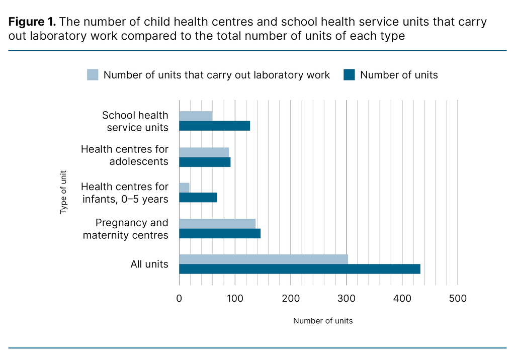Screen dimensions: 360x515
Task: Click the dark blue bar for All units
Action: pyautogui.click(x=299, y=269)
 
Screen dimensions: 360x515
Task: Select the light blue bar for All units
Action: pyautogui.click(x=263, y=259)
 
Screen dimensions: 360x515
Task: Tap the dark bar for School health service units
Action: pyautogui.click(x=214, y=126)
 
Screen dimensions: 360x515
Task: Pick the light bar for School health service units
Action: pyautogui.click(x=196, y=116)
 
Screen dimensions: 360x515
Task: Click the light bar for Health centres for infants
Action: pyautogui.click(x=184, y=188)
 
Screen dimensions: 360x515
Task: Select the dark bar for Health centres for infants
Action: pyautogui.click(x=198, y=198)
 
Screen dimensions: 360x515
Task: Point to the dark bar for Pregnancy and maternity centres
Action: pyautogui.click(x=220, y=233)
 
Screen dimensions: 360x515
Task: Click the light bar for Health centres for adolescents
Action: pyautogui.click(x=204, y=152)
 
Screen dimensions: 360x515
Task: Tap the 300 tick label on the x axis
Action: pyautogui.click(x=347, y=298)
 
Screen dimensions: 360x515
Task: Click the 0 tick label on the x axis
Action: pyautogui.click(x=179, y=298)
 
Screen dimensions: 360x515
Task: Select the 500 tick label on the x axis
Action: pyautogui.click(x=458, y=298)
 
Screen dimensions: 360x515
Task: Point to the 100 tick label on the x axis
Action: pyautogui.click(x=235, y=298)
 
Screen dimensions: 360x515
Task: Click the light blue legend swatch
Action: pyautogui.click(x=93, y=75)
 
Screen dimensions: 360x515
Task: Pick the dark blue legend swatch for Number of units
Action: pyautogui.click(x=349, y=75)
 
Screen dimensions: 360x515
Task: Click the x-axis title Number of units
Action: pyautogui.click(x=323, y=321)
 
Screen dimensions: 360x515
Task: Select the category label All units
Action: pyautogui.click(x=149, y=264)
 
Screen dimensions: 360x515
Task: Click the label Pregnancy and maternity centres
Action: pyautogui.click(x=132, y=229)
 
